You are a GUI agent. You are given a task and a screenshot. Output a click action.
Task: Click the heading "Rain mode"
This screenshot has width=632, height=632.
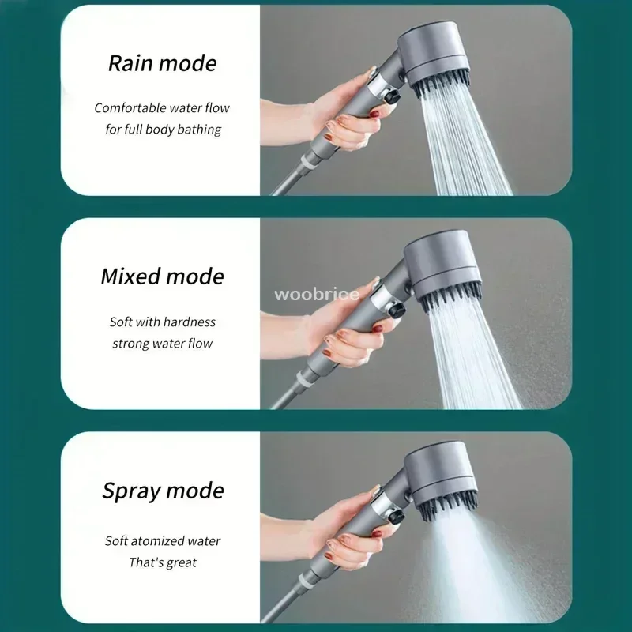point(162,63)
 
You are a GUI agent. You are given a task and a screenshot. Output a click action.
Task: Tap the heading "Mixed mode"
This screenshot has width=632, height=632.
point(162,276)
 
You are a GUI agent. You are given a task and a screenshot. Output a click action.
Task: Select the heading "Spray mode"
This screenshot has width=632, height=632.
point(163,490)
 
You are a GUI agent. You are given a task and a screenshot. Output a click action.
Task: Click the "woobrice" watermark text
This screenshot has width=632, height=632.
point(317,295)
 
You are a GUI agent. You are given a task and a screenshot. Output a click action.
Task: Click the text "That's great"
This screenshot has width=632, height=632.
point(163,562)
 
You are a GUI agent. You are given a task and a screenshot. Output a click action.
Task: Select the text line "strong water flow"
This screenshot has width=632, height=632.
point(163,343)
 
